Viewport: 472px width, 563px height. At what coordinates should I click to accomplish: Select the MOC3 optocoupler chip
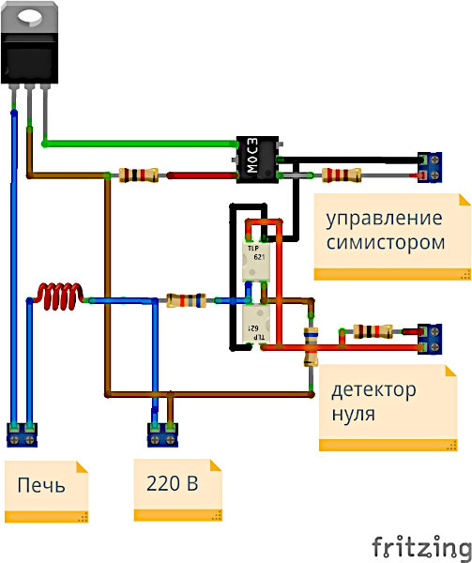point(256,157)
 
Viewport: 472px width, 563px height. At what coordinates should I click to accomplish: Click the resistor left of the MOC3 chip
point(142,175)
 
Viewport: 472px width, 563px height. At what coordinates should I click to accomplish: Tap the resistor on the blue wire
point(185,300)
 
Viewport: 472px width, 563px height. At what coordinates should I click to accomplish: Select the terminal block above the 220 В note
point(162,434)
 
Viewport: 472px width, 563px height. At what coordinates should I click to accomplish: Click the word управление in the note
point(383,220)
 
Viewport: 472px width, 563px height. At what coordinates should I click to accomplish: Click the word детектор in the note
point(373,389)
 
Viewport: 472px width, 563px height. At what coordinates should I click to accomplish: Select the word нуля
point(354,413)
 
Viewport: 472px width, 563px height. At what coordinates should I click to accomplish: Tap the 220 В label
point(172,485)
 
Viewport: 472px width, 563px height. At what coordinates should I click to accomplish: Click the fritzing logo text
point(419,545)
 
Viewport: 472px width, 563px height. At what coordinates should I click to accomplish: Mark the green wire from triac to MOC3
point(141,144)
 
